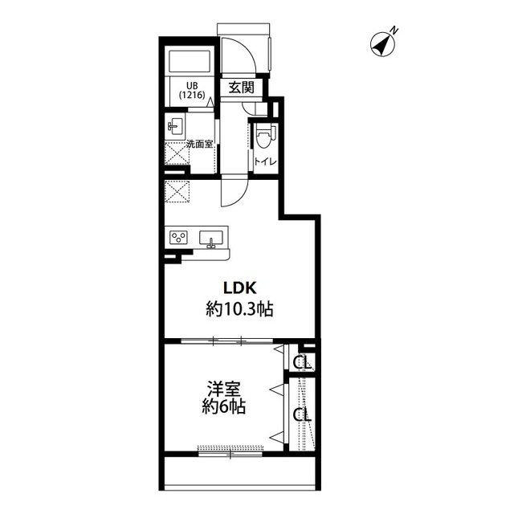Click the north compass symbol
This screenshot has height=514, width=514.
point(383,44)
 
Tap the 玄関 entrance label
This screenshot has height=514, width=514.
point(241,88)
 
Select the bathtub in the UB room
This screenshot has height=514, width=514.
point(189,62)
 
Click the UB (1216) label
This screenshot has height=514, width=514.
point(192,91)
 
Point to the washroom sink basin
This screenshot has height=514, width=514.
point(175,126)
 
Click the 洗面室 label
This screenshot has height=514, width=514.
point(200,145)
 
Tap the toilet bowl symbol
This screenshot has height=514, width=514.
point(264,136)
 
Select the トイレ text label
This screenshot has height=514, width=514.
point(266,161)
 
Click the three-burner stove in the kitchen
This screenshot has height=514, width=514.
point(178,237)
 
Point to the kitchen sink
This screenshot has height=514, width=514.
point(211,238)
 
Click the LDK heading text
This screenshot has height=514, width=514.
point(239,288)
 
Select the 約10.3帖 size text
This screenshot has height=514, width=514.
point(239,308)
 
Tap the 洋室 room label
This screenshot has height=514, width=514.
point(224,389)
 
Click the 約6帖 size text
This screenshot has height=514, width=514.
point(224,407)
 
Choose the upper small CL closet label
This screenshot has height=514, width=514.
point(302,362)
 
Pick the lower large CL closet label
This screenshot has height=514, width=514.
point(302,415)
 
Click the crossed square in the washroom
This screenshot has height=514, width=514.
point(177,153)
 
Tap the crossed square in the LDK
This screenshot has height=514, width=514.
point(177,192)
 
